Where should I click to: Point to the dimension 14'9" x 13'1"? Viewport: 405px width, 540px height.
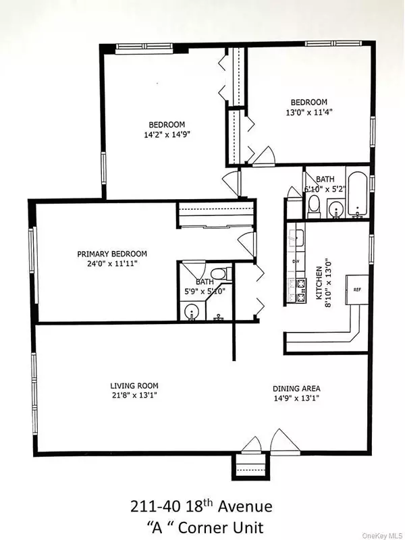tap(296, 398)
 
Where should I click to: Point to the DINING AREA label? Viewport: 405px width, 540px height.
tap(296, 388)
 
